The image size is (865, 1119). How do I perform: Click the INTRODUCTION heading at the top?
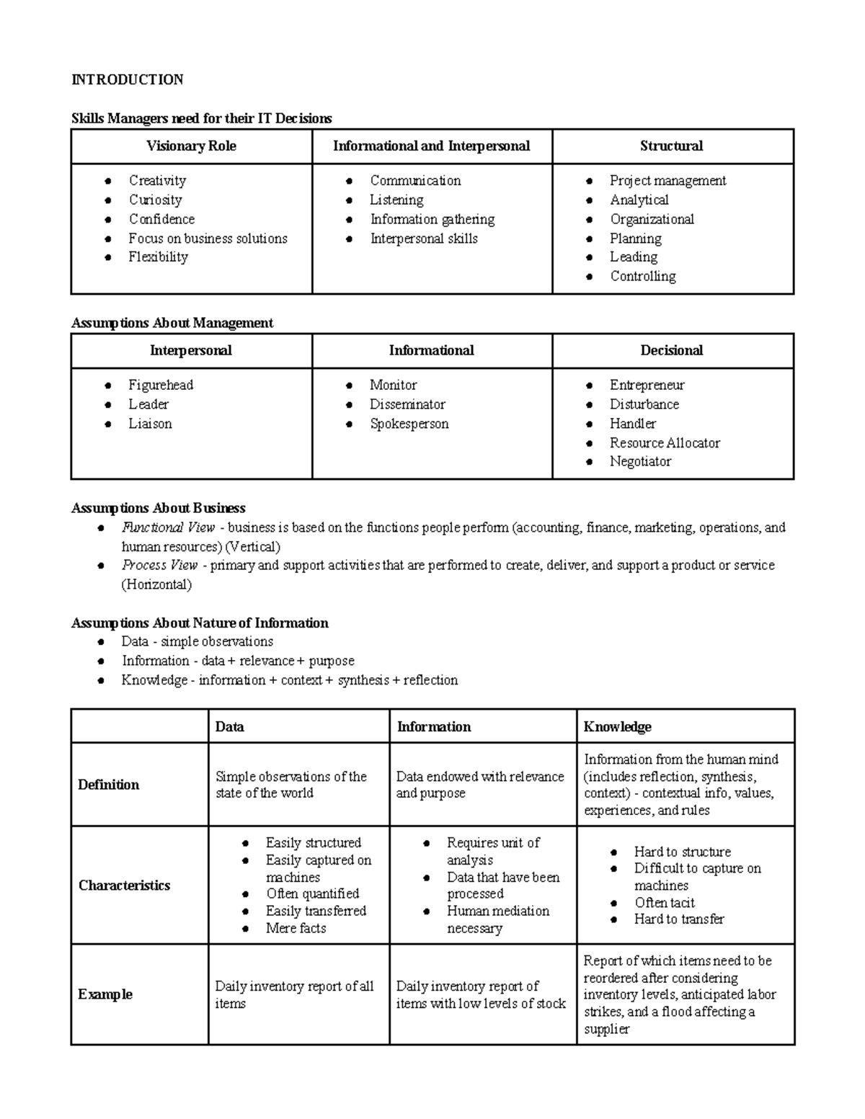127,79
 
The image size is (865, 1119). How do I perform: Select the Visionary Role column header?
191,146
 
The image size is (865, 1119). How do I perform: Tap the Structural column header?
671,146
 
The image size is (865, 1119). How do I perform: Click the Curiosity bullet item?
155,200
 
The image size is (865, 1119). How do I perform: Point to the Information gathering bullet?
432,219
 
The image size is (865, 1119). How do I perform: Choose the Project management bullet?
667,181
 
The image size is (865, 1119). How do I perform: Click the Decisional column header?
671,351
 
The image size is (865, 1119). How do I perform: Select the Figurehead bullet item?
161,385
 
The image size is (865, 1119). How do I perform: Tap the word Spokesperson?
409,424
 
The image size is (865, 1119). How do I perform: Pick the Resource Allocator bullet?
665,443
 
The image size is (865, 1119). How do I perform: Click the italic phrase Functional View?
168,527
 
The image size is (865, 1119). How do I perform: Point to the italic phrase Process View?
159,566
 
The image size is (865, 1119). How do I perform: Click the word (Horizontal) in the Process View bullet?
156,584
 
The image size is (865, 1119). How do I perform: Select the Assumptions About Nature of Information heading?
200,623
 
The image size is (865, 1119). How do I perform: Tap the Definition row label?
108,785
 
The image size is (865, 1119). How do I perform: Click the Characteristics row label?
124,886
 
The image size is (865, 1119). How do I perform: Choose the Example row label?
105,994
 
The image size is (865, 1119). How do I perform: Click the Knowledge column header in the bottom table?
617,727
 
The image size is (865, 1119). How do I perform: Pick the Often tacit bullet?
664,903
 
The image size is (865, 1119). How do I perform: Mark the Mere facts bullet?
296,928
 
